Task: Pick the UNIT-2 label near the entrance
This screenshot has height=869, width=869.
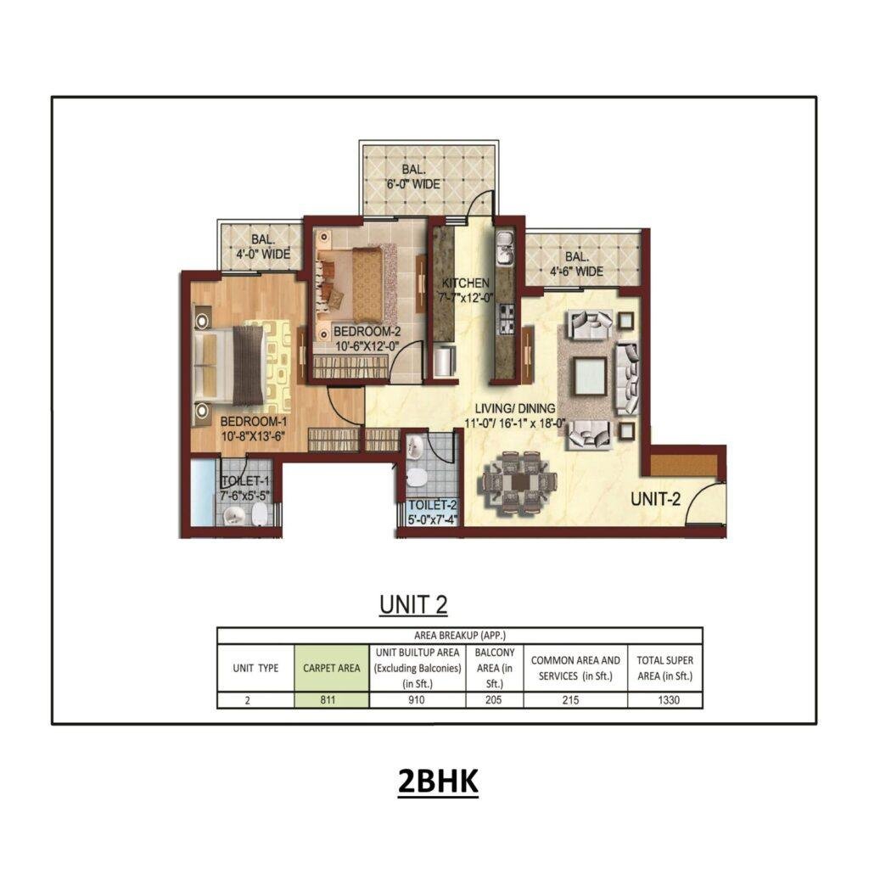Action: click(656, 500)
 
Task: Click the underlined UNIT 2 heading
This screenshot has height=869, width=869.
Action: click(413, 604)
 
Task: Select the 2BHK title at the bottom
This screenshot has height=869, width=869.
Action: click(438, 782)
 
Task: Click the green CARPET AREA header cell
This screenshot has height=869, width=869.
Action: click(332, 668)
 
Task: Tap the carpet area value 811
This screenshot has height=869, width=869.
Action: click(332, 701)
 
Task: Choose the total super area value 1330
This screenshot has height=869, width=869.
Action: click(665, 701)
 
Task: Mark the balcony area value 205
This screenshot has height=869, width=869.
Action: click(495, 701)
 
